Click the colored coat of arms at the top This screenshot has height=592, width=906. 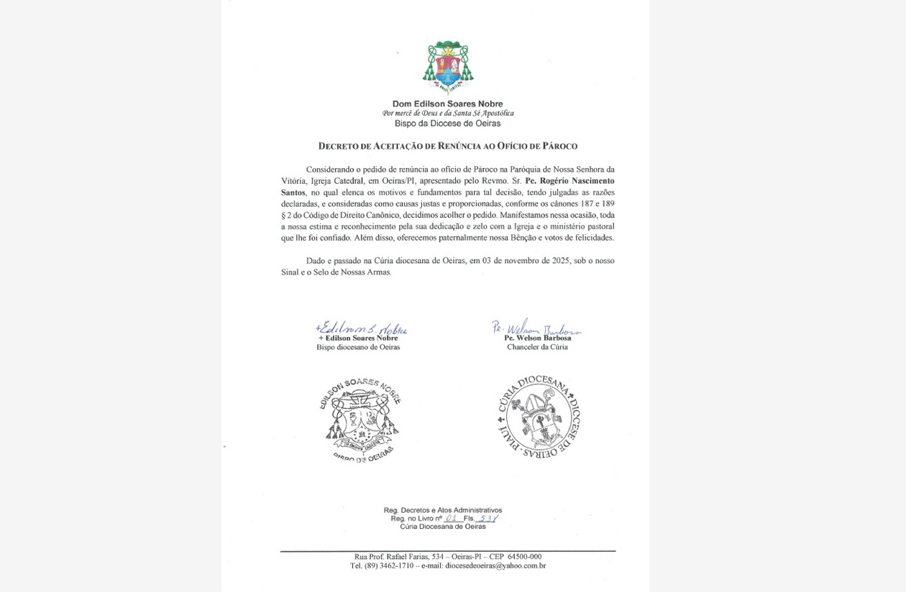click(447, 67)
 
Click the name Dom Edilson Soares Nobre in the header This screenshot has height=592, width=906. click(447, 103)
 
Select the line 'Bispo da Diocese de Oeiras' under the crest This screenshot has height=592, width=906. click(447, 124)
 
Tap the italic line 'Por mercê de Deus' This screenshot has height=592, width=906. click(447, 114)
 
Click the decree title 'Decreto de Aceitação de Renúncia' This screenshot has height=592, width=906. click(447, 146)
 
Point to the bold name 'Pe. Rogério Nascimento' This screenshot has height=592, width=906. click(569, 181)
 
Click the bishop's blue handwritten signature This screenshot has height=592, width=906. click(361, 328)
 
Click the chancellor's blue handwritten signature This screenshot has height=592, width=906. click(536, 328)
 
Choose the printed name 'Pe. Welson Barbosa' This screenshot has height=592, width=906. click(537, 338)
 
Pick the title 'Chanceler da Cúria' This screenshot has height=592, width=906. click(537, 347)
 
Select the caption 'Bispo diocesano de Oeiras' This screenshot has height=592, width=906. click(358, 347)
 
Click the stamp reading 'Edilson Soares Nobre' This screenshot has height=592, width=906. click(360, 420)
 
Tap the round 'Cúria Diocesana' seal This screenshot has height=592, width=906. click(539, 417)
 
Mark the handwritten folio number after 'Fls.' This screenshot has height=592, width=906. click(487, 518)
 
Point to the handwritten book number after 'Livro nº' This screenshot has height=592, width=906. click(451, 518)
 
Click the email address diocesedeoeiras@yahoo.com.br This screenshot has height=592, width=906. click(495, 566)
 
